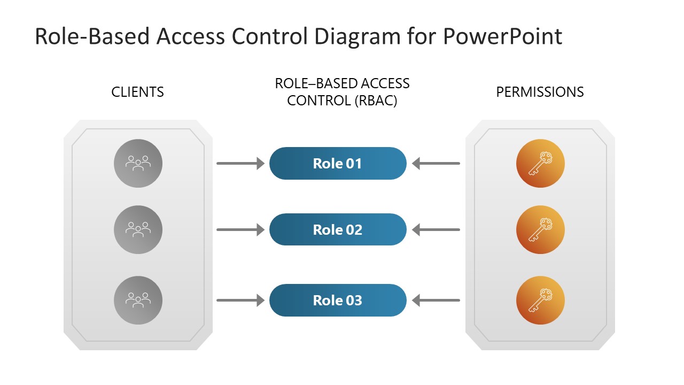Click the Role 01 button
pos(338,163)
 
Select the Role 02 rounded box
pos(338,229)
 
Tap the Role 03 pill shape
pos(338,300)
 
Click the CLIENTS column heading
pos(137,92)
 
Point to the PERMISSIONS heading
pos(540,92)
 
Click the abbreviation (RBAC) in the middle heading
pos(376,101)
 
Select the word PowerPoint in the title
pos(502,36)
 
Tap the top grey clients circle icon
pos(138,163)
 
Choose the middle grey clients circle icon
pos(138,229)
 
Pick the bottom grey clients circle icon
pos(138,300)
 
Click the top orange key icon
pos(540,163)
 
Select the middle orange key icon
pos(540,229)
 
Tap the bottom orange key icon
pos(540,300)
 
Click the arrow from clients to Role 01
pos(240,164)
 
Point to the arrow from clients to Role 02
pos(240,230)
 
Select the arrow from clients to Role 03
pos(240,301)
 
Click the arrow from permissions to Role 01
pos(436,164)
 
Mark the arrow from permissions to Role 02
pos(436,230)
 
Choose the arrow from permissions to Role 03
pos(436,301)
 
